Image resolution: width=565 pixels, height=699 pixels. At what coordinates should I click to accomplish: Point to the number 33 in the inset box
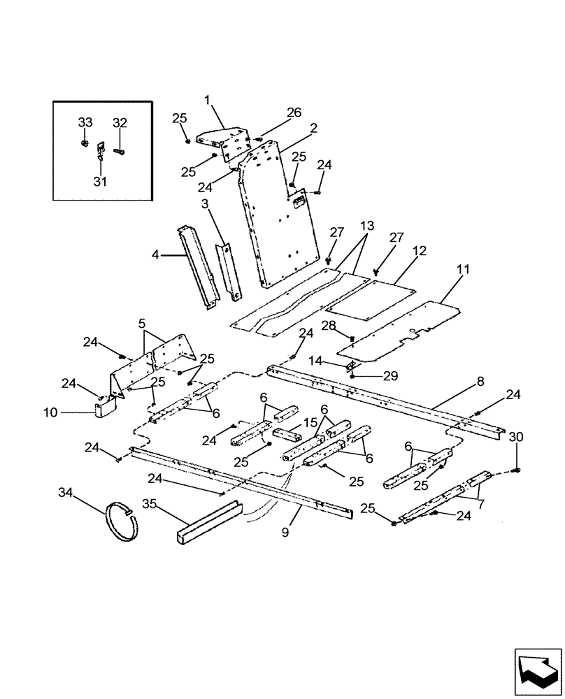click(85, 122)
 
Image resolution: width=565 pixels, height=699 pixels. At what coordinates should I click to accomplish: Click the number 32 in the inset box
click(120, 122)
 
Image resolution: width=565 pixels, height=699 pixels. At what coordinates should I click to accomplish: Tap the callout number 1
click(207, 99)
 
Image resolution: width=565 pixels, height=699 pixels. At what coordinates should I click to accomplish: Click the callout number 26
click(294, 112)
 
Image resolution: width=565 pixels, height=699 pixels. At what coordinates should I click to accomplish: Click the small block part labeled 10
click(105, 405)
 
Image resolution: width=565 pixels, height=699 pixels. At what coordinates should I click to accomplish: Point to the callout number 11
click(463, 269)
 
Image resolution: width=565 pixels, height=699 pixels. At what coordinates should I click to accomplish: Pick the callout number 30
click(516, 436)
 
